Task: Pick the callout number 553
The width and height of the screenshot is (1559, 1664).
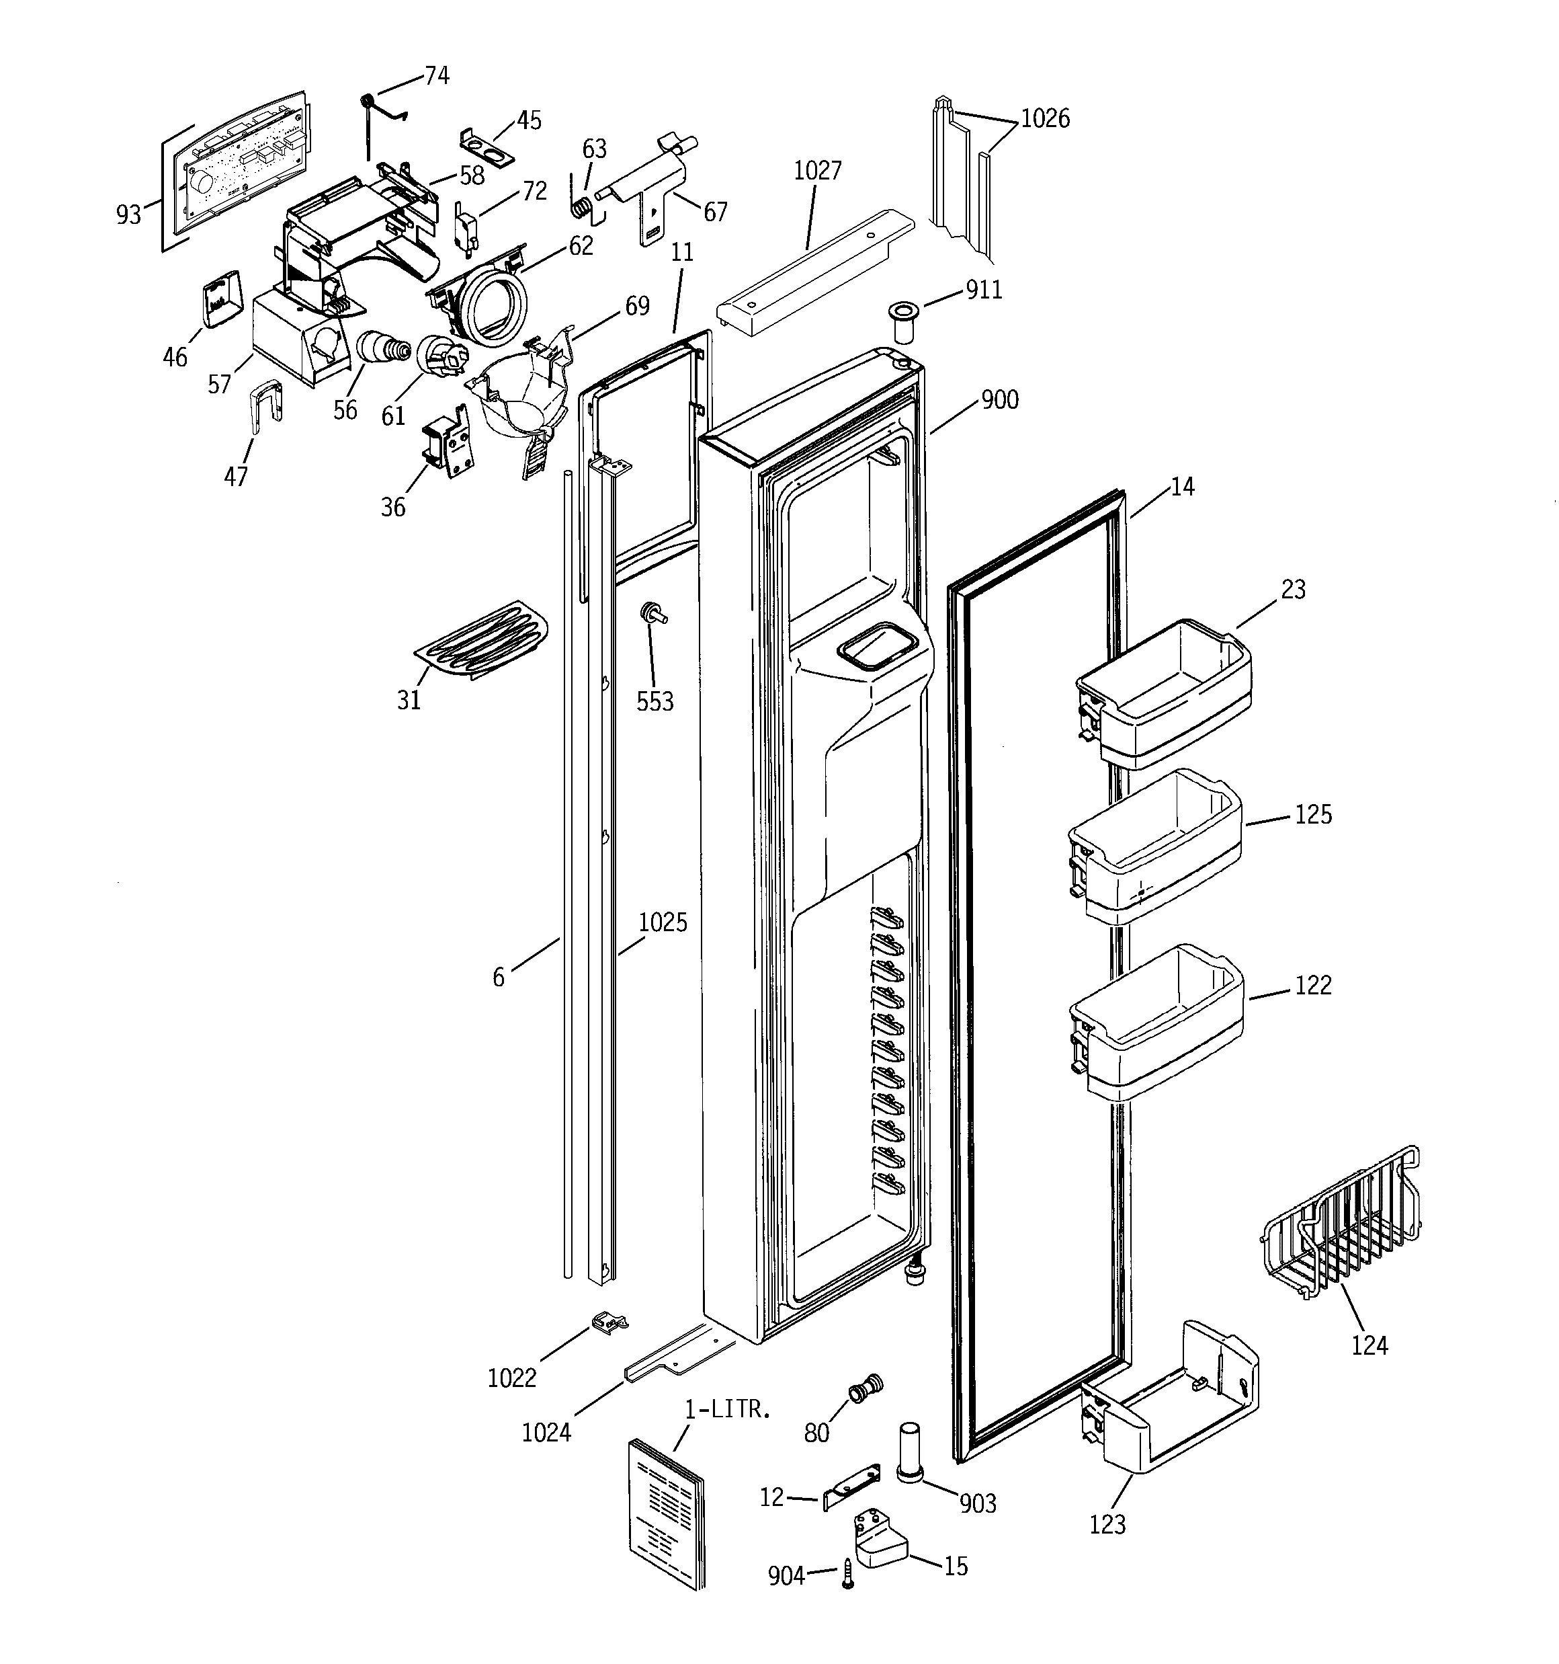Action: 655,701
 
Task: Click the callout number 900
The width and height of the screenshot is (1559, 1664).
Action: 1000,400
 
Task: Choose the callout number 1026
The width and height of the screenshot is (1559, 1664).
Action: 1045,119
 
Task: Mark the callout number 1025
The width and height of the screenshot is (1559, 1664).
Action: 663,922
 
